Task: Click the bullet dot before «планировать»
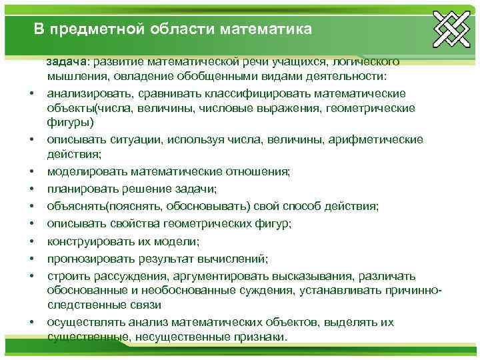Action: coord(31,188)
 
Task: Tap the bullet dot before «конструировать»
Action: coord(31,240)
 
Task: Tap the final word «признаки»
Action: coord(255,337)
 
